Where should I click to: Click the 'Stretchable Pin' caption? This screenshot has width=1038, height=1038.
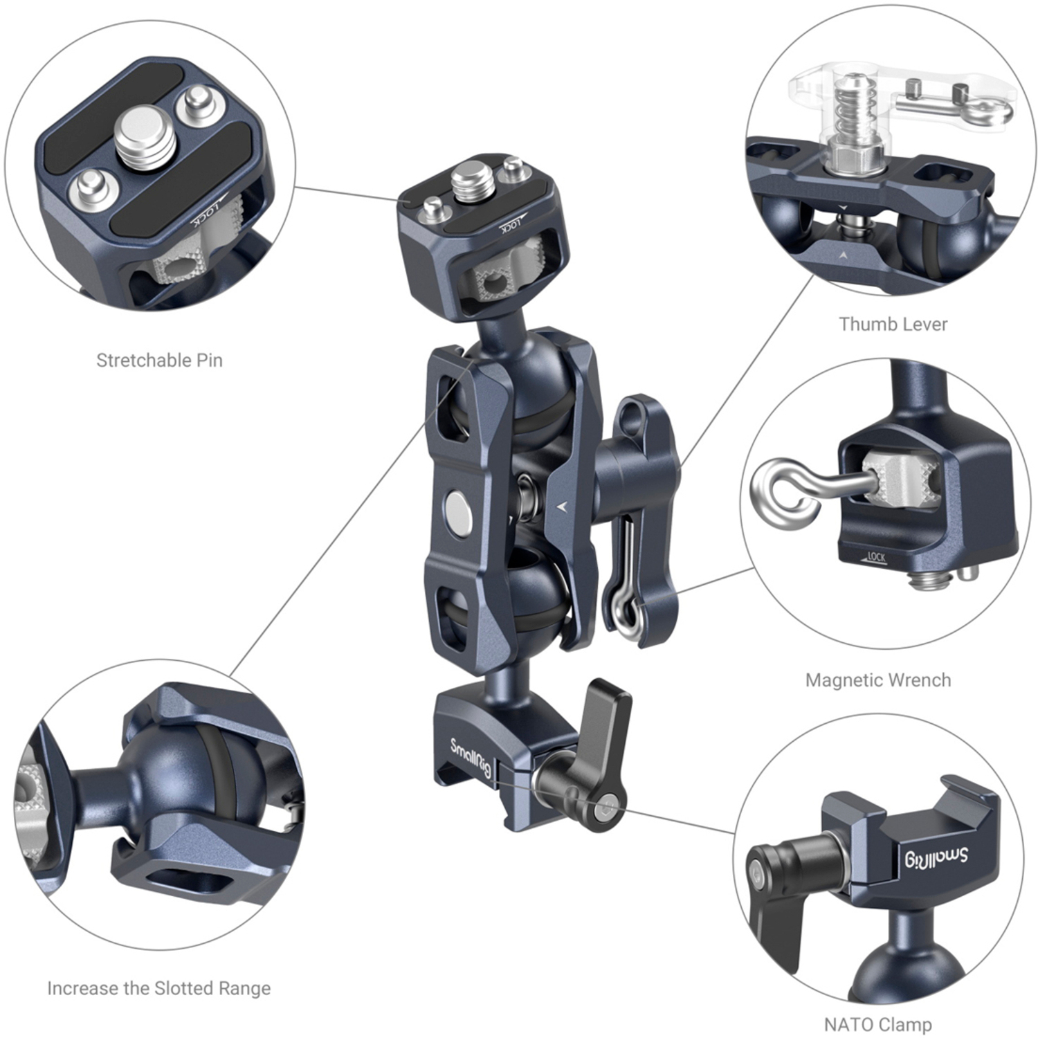click(159, 360)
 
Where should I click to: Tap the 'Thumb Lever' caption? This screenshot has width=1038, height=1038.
click(893, 324)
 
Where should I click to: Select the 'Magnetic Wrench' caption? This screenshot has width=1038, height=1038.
click(877, 680)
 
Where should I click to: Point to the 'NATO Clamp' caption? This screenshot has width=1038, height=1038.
click(877, 1023)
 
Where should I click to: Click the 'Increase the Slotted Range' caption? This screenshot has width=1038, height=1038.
click(158, 988)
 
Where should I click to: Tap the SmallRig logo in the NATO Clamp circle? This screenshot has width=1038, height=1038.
click(937, 857)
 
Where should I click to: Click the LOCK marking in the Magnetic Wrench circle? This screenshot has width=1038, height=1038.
click(875, 556)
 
